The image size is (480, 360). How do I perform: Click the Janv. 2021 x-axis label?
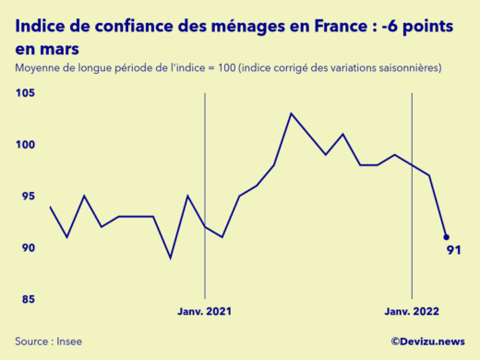pyautogui.click(x=204, y=313)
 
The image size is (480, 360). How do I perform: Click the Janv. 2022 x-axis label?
pyautogui.click(x=411, y=313)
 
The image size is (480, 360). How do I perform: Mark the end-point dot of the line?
pyautogui.click(x=446, y=237)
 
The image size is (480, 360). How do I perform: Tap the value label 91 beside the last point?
pyautogui.click(x=453, y=250)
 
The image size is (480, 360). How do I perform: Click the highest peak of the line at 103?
pyautogui.click(x=292, y=114)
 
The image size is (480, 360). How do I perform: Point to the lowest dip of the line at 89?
pyautogui.click(x=171, y=258)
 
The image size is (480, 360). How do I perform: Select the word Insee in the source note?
pyautogui.click(x=69, y=342)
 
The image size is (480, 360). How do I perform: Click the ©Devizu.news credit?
pyautogui.click(x=428, y=342)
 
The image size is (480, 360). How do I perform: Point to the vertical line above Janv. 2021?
pyautogui.click(x=204, y=185)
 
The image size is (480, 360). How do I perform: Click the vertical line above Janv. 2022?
pyautogui.click(x=412, y=185)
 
